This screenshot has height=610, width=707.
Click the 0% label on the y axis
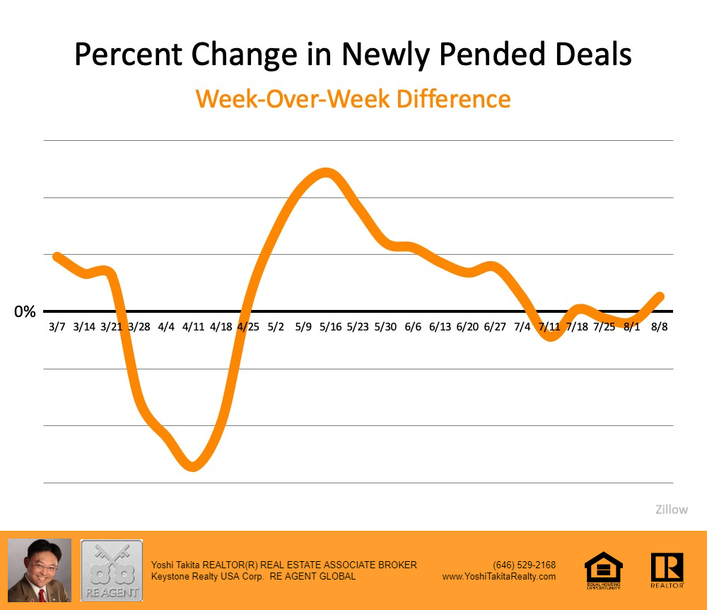pos(25,311)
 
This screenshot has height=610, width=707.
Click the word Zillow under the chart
pos(671,509)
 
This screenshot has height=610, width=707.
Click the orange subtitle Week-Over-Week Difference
pos(353,98)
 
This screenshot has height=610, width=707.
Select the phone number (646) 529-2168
pos(524,565)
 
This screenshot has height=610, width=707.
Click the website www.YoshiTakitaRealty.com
pos(499,576)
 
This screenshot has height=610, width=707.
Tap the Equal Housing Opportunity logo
pos(603,570)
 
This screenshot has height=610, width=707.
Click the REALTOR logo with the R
pos(667,570)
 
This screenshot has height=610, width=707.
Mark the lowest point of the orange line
pos(193,466)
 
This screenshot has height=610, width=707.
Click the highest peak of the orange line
pos(325,173)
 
